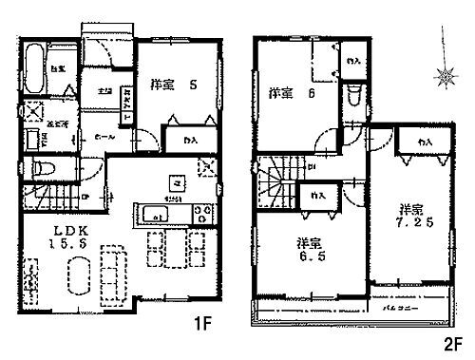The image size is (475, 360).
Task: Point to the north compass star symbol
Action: point(441,74)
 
